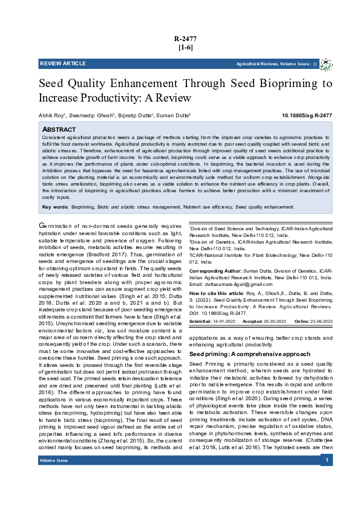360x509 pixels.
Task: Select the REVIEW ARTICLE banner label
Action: tap(63, 63)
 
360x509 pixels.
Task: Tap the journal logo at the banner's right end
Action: tap(326, 63)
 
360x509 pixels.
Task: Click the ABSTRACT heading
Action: tap(59, 130)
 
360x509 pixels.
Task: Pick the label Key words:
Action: tap(55, 207)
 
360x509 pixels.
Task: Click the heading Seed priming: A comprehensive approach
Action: tap(243, 353)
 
